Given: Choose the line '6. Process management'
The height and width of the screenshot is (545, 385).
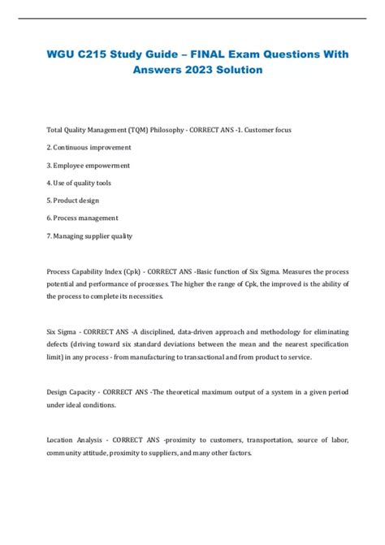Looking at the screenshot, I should [84, 218].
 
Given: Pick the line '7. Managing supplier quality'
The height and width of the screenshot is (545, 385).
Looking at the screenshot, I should [89, 236].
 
